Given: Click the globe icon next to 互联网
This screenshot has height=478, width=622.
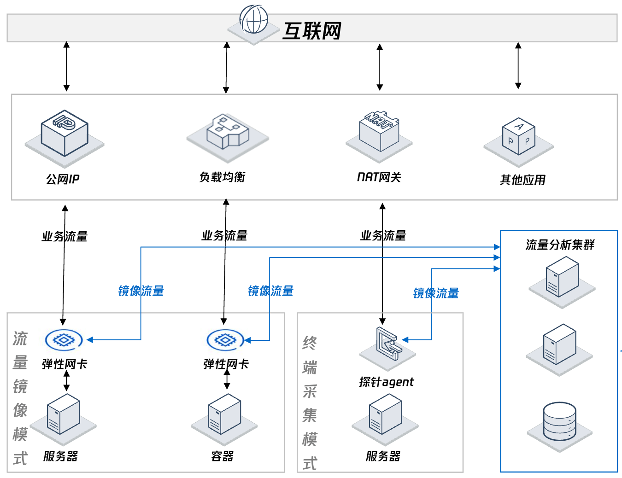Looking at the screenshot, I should point(254,20).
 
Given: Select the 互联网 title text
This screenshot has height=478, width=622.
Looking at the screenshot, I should point(312,31).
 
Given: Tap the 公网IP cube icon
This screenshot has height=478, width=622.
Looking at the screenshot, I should point(65,134).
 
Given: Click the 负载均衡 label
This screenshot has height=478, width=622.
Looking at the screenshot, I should point(222,177).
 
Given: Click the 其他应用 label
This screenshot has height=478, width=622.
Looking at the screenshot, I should point(522,180).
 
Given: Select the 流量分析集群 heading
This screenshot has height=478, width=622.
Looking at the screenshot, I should point(560,245).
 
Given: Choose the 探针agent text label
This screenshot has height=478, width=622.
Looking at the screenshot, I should point(387,382).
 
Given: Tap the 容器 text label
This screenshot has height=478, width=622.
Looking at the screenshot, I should point(222,456).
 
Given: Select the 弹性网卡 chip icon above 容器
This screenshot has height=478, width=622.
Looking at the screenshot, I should point(225,340).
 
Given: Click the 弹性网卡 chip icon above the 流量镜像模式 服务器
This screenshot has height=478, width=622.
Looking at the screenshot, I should point(64,340).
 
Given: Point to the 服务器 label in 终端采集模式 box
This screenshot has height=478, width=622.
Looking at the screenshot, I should point(383,456).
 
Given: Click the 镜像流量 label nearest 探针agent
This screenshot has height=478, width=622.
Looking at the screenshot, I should point(436,293).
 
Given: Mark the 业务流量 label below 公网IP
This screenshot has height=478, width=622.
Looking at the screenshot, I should point(65,237).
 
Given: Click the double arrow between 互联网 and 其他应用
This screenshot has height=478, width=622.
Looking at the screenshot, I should point(518,66).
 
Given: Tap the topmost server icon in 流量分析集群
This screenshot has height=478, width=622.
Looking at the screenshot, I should point(562,276).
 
